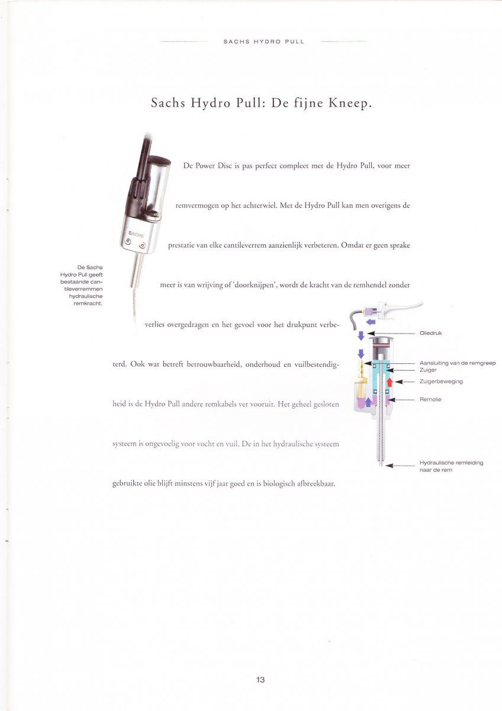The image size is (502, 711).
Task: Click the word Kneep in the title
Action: (349, 103)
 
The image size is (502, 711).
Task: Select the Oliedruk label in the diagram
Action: (430, 333)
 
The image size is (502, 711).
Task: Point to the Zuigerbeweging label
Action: (441, 381)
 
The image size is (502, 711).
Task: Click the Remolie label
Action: (430, 399)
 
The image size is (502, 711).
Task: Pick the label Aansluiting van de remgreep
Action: (458, 363)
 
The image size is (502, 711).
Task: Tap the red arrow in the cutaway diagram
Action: (390, 382)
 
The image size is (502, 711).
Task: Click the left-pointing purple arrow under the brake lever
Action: (371, 322)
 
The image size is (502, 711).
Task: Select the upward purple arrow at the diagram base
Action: (368, 402)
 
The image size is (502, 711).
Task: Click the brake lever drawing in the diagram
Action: (403, 309)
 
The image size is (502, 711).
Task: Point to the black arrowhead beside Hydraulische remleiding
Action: (390, 466)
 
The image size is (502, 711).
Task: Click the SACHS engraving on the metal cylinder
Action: (136, 235)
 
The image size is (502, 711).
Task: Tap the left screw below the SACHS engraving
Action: (128, 242)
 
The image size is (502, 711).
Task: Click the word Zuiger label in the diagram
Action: (428, 370)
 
